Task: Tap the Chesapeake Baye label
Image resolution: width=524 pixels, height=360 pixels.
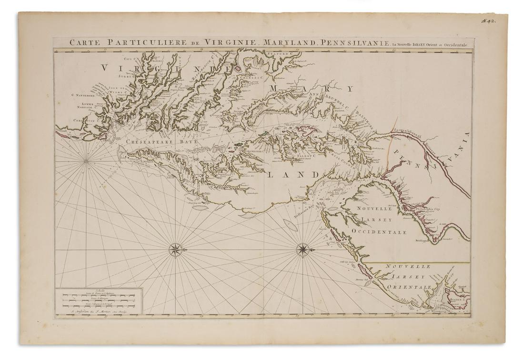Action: point(158,142)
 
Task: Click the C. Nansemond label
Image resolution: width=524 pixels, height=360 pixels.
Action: point(86,95)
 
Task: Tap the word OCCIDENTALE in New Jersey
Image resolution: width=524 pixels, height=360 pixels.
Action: point(379,232)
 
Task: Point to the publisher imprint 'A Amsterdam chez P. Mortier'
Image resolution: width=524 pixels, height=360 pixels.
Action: point(99,312)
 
